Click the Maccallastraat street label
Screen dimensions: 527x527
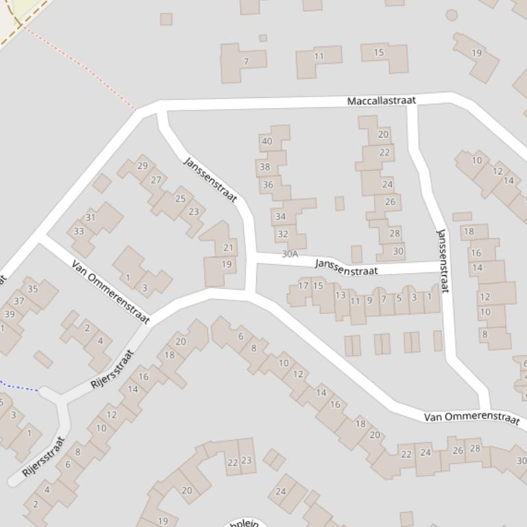pos(381,101)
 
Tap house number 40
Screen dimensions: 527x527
pos(267,142)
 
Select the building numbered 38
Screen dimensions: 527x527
pos(265,166)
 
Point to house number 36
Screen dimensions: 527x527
pos(268,184)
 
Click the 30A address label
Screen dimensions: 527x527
pos(290,254)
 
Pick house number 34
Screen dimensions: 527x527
pos(280,216)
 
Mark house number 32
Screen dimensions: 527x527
pos(282,233)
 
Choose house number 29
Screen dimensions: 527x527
pos(143,165)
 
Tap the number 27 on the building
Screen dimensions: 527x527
pos(156,180)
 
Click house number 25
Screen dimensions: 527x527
pos(180,198)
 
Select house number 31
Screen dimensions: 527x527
pos(90,217)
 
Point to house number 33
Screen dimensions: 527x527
pos(79,231)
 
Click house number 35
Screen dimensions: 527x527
pos(32,288)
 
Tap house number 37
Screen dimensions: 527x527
pos(19,300)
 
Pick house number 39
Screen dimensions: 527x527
pos(9,314)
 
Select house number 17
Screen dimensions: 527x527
pos(303,285)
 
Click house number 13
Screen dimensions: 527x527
pos(340,295)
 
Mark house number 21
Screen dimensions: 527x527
pos(228,247)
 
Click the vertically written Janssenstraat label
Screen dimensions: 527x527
pos(443,261)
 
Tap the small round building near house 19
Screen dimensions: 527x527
pos(452,15)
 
